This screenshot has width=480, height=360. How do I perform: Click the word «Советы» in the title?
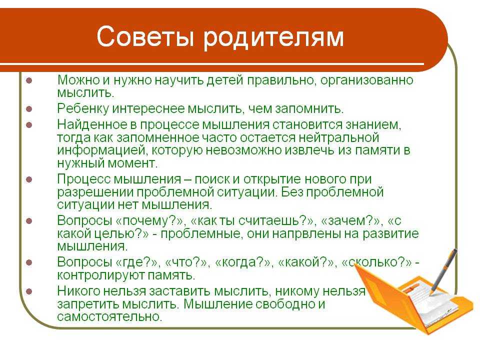(145, 36)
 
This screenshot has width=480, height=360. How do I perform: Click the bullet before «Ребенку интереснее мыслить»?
(29, 108)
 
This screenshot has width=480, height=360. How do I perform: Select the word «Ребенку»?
(83, 108)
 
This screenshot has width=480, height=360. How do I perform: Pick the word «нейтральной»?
(339, 138)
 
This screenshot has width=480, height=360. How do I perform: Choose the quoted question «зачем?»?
(351, 220)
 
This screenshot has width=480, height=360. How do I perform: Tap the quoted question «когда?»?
(243, 262)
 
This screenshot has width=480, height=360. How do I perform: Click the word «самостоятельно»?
(109, 316)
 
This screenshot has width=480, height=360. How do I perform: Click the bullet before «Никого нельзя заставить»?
(29, 291)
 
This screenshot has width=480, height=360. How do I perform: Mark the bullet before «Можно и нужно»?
(29, 81)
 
